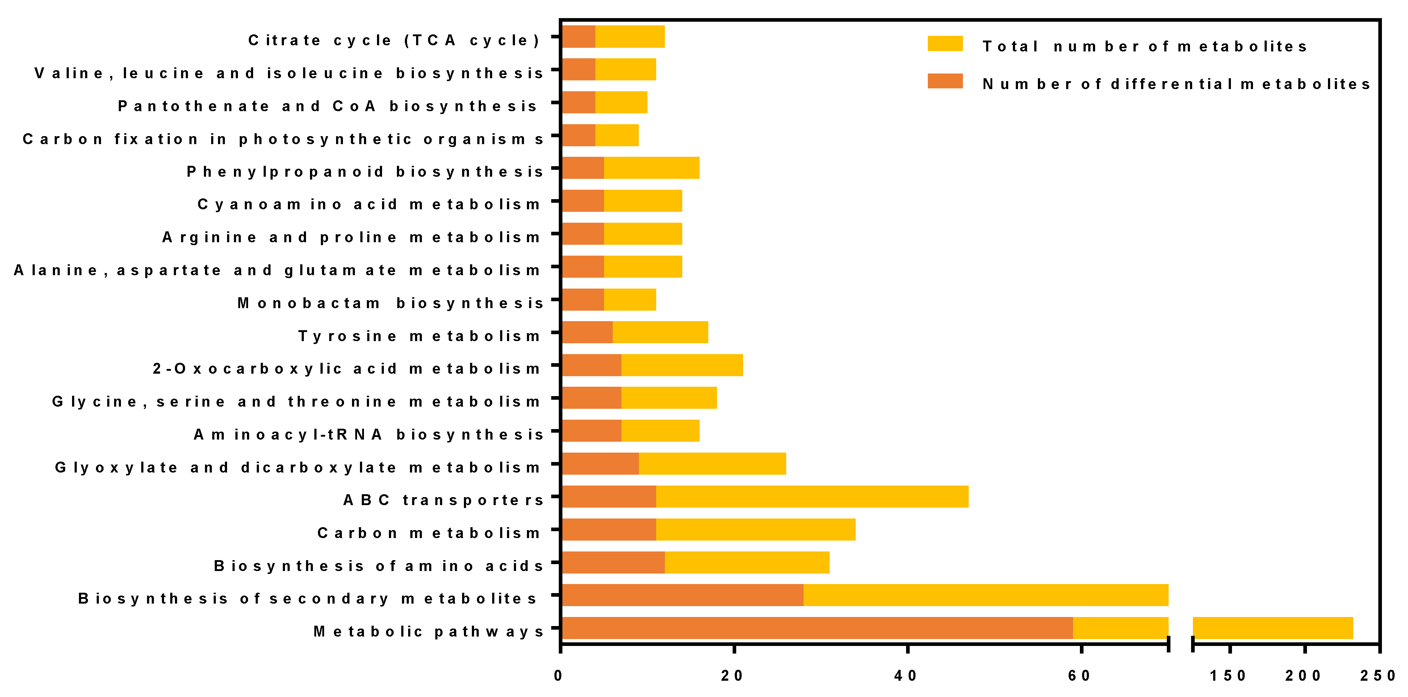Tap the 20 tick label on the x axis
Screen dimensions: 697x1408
[732, 676]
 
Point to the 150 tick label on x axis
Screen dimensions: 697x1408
[1228, 676]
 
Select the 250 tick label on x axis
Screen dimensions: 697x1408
[1378, 676]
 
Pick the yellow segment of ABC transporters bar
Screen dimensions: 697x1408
[812, 496]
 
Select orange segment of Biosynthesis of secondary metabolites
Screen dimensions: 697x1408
[683, 595]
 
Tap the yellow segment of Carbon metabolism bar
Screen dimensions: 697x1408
[755, 529]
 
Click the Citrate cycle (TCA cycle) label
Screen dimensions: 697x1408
[394, 41]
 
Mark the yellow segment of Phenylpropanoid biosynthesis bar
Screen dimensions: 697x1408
[651, 168]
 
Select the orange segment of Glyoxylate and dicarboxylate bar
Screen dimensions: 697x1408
[600, 463]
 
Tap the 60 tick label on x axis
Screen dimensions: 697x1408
[1080, 676]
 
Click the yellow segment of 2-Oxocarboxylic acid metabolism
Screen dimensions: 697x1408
[682, 365]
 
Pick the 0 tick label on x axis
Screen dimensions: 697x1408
[558, 676]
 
